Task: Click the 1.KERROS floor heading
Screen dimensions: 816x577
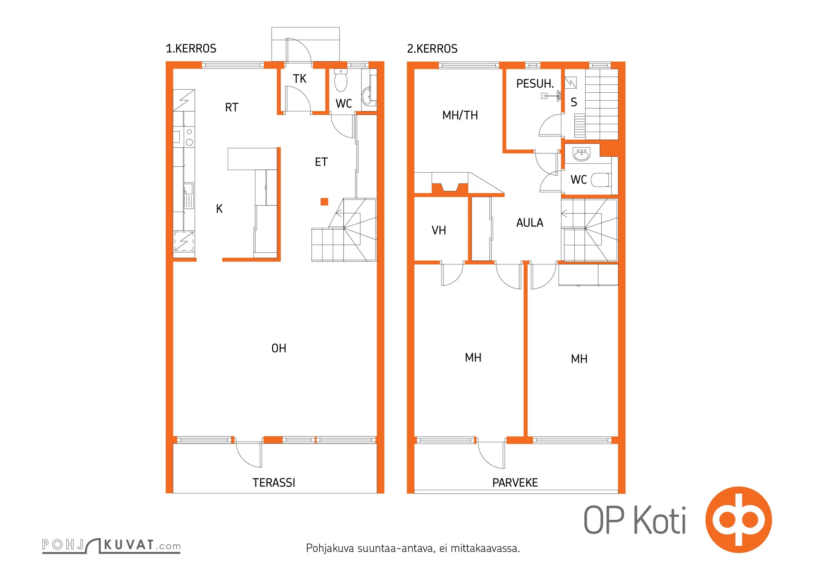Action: [x=191, y=49]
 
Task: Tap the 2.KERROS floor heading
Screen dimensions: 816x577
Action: [x=432, y=49]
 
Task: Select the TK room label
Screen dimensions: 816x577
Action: [x=299, y=79]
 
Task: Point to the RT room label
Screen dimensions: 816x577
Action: [x=232, y=107]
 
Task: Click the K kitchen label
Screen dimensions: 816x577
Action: [x=219, y=209]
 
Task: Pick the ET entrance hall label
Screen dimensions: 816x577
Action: [x=321, y=162]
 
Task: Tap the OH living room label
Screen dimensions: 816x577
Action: [x=279, y=348]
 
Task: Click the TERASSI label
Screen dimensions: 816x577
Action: [x=274, y=483]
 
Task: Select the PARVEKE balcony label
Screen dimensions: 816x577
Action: [x=515, y=483]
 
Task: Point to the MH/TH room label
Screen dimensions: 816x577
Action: [x=460, y=115]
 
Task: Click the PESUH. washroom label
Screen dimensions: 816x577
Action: [x=535, y=84]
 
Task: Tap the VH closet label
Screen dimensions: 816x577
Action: [x=439, y=230]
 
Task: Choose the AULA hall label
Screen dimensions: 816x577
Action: [x=530, y=223]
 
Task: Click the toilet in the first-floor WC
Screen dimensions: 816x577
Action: [x=341, y=80]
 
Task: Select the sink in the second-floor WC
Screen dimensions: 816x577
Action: [x=582, y=154]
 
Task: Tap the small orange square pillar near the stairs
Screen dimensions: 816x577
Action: [x=324, y=202]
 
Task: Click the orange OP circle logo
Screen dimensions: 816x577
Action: [x=739, y=520]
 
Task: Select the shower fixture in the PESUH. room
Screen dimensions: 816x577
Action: [x=552, y=96]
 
